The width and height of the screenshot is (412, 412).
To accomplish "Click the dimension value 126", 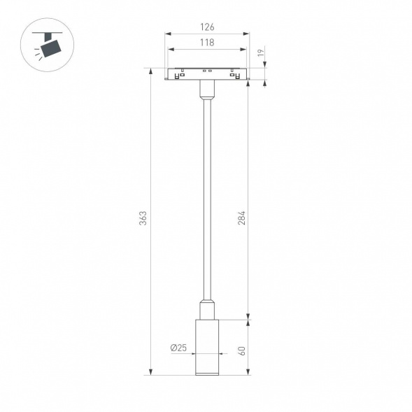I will click(x=206, y=27).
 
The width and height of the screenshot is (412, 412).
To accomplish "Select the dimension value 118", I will click(x=206, y=43).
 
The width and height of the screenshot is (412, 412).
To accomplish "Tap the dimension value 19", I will click(x=260, y=52).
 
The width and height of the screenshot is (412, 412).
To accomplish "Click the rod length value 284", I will click(x=243, y=218).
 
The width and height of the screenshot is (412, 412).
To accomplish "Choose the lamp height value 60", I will click(x=243, y=350).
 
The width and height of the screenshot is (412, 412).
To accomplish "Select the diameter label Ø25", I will click(x=177, y=348).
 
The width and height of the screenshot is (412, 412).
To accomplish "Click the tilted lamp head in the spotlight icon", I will click(x=50, y=48).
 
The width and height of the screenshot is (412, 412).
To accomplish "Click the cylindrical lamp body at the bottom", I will click(x=206, y=346).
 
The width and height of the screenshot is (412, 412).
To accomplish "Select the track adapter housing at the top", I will click(x=206, y=74).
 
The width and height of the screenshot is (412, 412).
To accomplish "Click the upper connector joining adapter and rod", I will click(x=206, y=88).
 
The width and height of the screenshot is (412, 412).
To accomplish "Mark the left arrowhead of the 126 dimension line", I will click(x=166, y=34).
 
